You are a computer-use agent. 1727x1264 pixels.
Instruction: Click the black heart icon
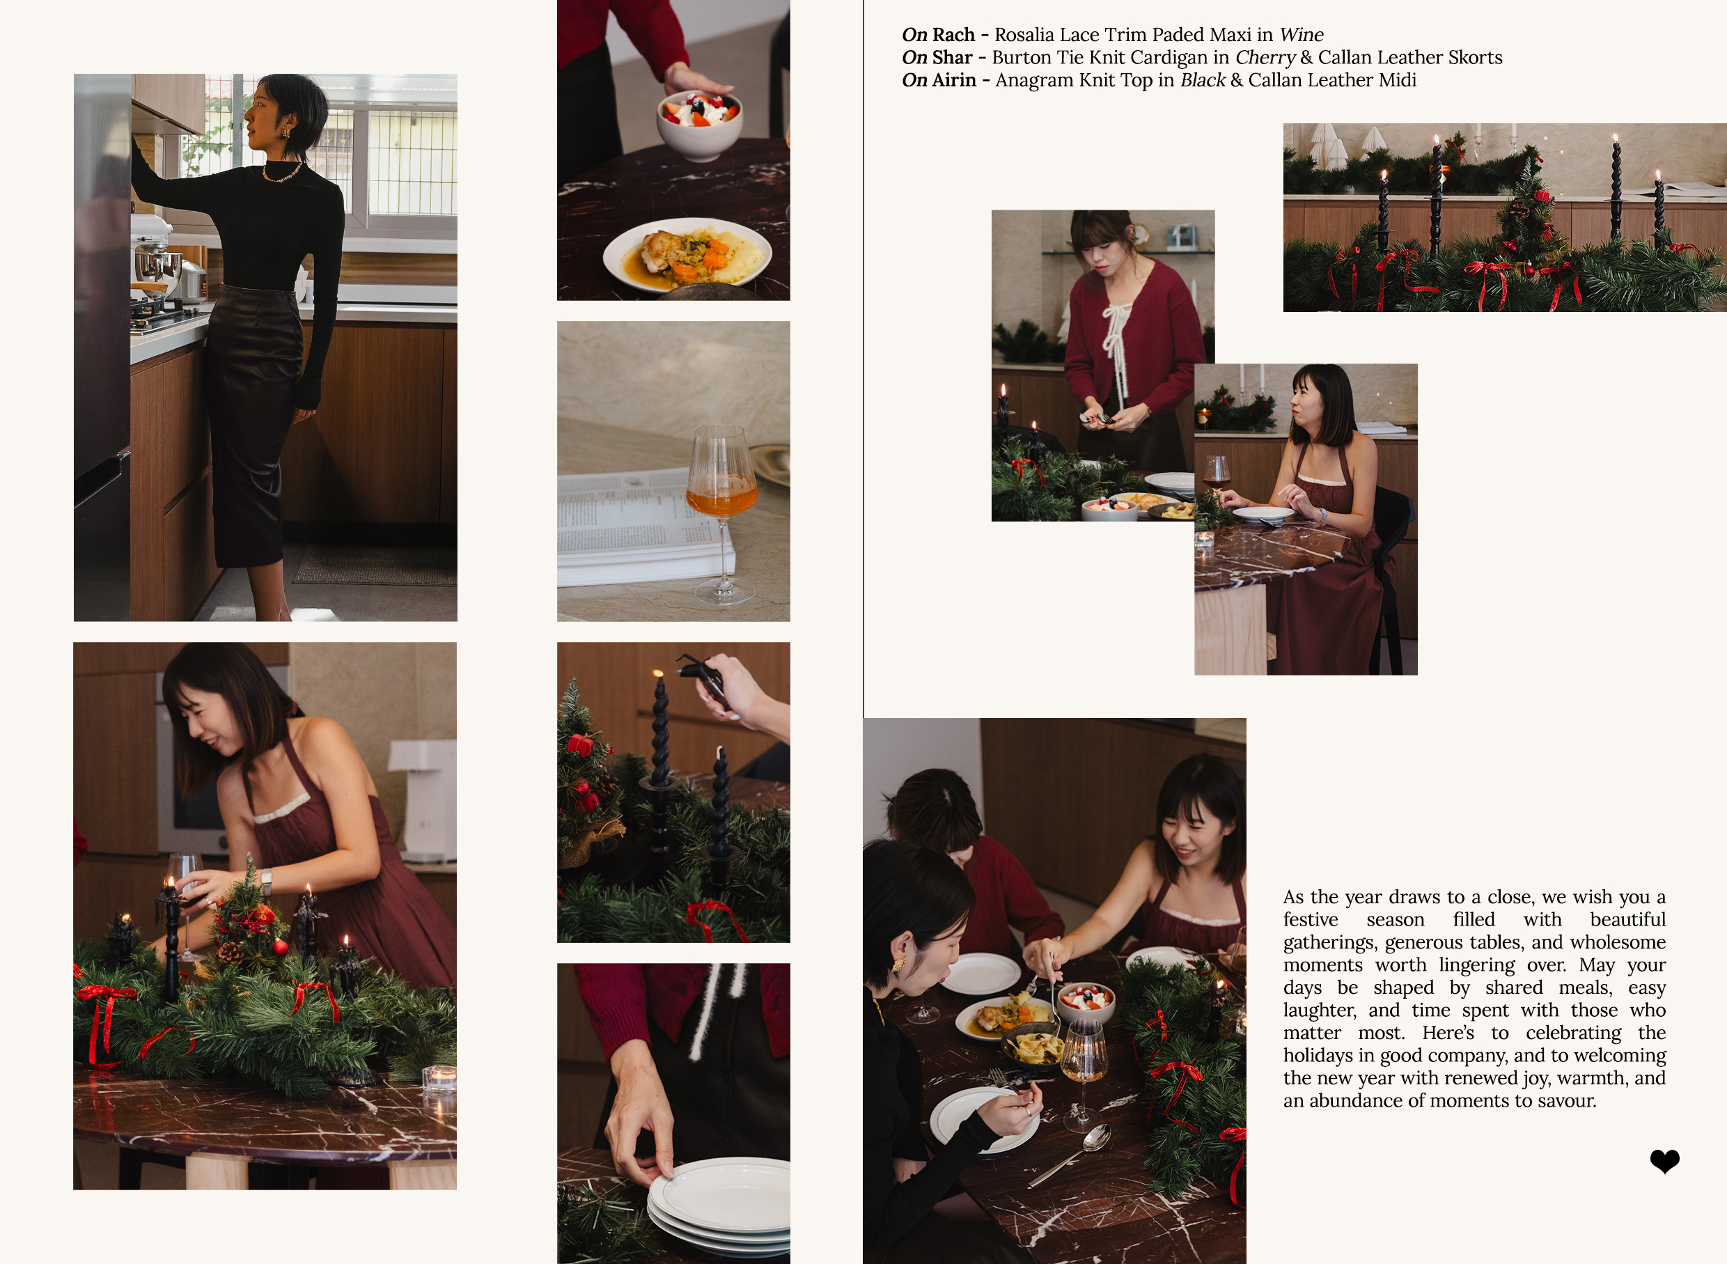(1664, 1161)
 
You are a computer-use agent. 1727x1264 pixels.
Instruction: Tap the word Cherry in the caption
(1265, 58)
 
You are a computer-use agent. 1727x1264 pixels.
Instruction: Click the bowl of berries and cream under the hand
(698, 124)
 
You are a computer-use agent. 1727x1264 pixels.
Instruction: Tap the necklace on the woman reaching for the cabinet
(281, 173)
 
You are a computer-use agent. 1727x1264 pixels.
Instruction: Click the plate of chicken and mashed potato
(687, 255)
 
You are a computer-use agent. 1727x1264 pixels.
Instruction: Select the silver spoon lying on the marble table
(1070, 1154)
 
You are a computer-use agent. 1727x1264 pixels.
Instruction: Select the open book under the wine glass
(643, 528)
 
